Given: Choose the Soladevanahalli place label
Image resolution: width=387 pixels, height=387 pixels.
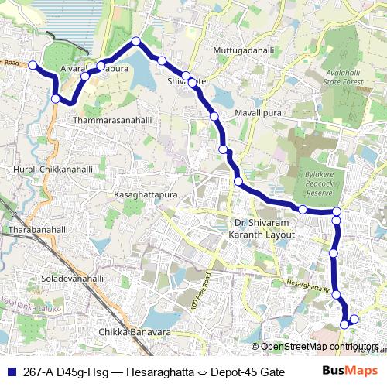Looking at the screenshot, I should click(x=72, y=278).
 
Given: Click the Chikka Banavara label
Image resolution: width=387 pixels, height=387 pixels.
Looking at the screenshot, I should click(x=135, y=332).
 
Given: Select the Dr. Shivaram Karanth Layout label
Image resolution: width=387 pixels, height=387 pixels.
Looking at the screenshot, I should click(x=266, y=228).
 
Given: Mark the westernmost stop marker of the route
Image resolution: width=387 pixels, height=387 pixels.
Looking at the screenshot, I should click(x=33, y=65).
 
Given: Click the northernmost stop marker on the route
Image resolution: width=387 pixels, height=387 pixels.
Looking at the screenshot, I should click(x=136, y=41).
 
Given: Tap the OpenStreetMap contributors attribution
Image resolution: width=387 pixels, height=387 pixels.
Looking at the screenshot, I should click(x=319, y=347).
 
